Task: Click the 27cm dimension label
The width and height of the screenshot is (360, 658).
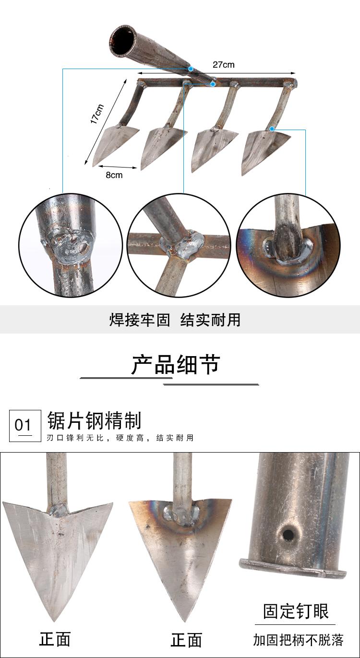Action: (224, 65)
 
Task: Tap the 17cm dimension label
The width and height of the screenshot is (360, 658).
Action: (97, 114)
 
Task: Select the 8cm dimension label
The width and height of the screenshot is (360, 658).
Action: (114, 175)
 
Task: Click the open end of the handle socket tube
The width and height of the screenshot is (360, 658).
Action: (123, 41)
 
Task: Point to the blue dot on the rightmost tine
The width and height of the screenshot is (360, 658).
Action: (272, 129)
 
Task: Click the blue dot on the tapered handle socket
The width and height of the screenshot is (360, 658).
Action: (191, 69)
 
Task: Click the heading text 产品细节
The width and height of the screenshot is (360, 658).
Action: (176, 365)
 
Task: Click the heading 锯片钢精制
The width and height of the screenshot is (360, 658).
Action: (95, 420)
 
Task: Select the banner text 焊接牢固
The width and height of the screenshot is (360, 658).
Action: (140, 320)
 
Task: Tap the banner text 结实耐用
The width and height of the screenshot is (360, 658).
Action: (210, 320)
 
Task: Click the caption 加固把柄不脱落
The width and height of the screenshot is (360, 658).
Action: (298, 640)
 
